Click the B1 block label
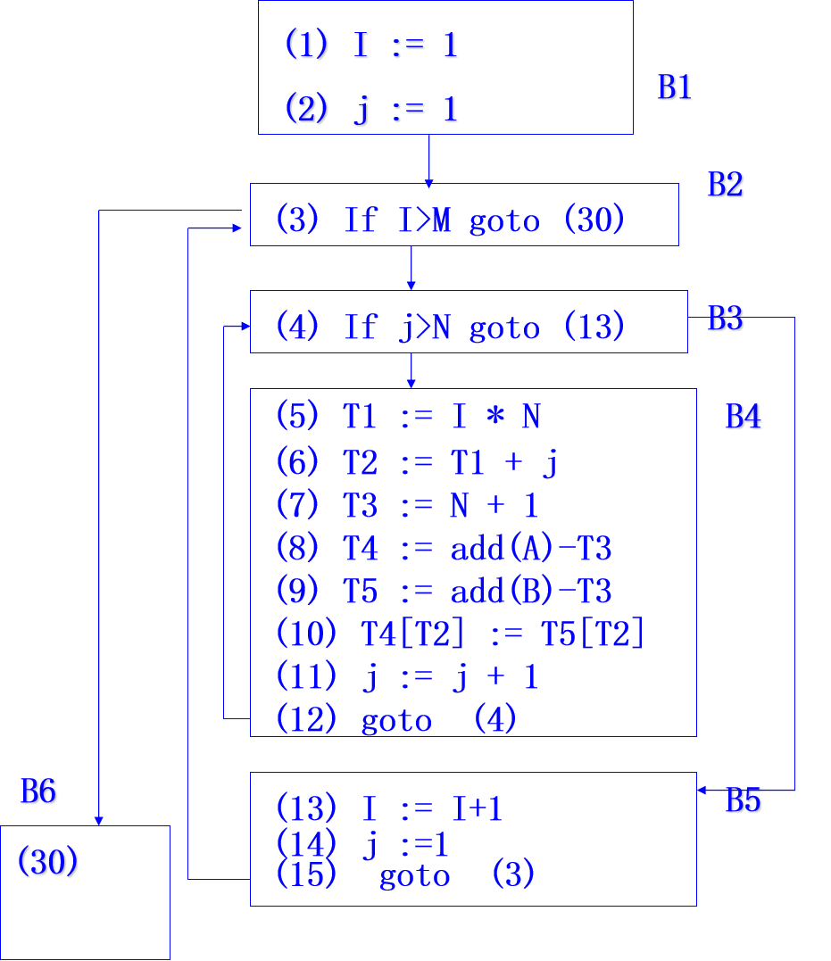point(676,87)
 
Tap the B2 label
point(726,184)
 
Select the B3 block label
point(726,319)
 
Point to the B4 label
point(744,417)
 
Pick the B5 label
point(744,801)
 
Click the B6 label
point(39,791)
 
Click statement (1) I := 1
point(372,45)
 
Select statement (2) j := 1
point(372,110)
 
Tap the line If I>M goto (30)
point(450,220)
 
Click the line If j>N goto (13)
point(450,327)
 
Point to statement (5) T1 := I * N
point(408,416)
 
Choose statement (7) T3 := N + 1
point(407,505)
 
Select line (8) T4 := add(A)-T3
point(444,548)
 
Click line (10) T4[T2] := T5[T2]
point(460,634)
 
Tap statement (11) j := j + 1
point(407,677)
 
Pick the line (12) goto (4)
point(396,719)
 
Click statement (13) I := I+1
point(389,808)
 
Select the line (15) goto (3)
point(405,874)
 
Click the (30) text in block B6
point(48,863)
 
